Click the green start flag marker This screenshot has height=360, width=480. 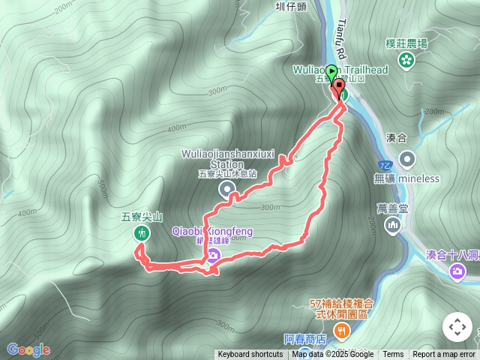[333, 73]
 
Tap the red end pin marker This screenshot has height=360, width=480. [339, 90]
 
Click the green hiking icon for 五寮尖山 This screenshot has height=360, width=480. [140, 233]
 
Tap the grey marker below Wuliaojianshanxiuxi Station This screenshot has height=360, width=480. [226, 190]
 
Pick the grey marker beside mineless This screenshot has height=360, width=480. [407, 159]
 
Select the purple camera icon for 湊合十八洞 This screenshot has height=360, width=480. [457, 271]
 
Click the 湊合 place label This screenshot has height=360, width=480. [395, 137]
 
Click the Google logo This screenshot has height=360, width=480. [28, 349]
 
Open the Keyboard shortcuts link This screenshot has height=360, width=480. [250, 355]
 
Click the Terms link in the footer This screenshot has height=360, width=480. [393, 355]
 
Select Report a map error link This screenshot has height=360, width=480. [445, 355]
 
